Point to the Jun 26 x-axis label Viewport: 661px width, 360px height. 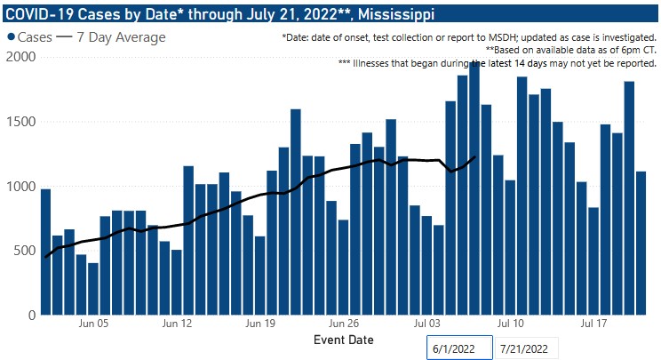tap(343, 324)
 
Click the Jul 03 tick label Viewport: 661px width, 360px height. tap(427, 324)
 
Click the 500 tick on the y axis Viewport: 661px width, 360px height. tap(23, 251)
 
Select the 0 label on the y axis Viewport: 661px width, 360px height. tap(30, 315)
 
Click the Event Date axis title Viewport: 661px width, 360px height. tap(344, 340)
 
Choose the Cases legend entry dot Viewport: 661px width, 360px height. tap(12, 37)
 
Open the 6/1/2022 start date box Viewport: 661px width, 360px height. tap(458, 348)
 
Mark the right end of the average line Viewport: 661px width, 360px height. tap(476, 156)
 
